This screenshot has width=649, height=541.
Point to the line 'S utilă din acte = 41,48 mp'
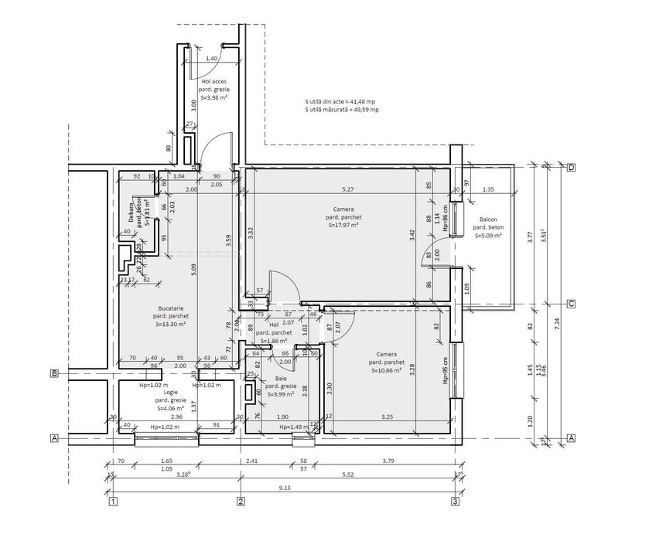(x=341, y=101)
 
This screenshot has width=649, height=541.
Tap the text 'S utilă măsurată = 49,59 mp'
(x=342, y=110)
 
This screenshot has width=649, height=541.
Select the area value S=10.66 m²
(x=385, y=371)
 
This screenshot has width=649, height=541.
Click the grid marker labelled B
(x=55, y=374)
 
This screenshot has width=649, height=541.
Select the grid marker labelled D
(x=571, y=167)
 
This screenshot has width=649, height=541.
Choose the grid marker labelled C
(x=571, y=304)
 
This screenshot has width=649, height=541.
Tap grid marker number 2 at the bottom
(x=241, y=502)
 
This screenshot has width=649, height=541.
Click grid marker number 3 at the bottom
(x=455, y=502)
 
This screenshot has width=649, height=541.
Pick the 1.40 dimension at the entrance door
(x=212, y=60)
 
